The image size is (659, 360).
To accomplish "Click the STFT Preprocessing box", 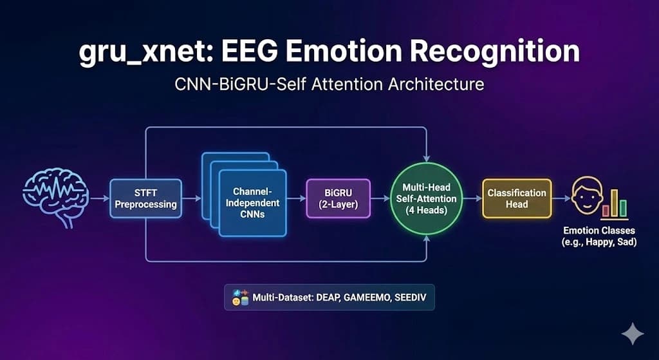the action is (x=146, y=198).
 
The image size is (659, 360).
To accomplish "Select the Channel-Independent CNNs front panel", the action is (x=252, y=203).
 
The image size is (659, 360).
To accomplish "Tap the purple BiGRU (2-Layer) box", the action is (x=339, y=198).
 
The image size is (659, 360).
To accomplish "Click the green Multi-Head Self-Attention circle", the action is (x=427, y=198).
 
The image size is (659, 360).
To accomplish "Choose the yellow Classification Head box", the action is (x=517, y=198).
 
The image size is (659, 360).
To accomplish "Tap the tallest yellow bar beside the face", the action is (x=614, y=203).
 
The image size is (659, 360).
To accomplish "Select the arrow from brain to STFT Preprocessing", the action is (x=100, y=198).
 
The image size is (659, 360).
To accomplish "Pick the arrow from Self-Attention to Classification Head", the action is (x=472, y=198).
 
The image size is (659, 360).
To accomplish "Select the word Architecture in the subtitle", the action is (x=436, y=84).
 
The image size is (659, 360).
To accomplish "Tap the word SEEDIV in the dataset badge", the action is (x=411, y=298).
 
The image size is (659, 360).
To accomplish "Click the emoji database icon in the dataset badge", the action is (x=241, y=298).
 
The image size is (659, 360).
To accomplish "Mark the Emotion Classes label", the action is (x=599, y=236).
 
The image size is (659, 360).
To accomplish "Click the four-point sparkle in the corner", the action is (x=633, y=334).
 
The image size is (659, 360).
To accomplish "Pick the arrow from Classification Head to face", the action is (x=561, y=198).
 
